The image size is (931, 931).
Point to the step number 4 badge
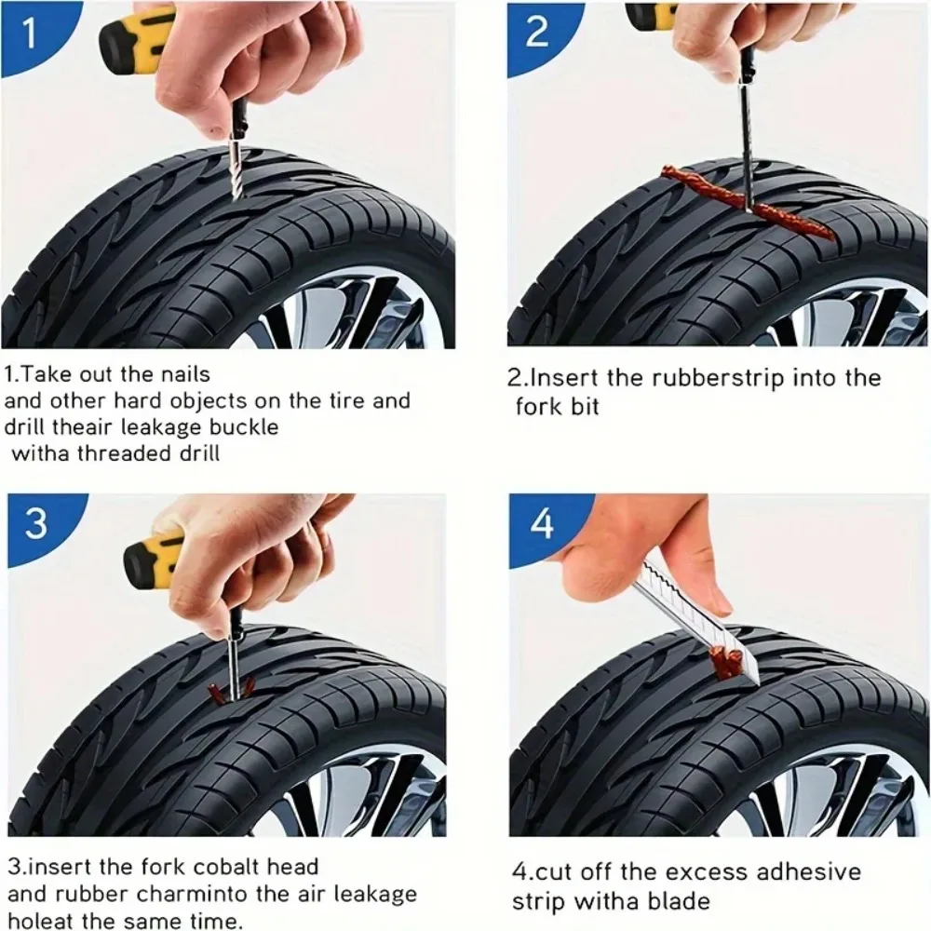click(541, 523)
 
